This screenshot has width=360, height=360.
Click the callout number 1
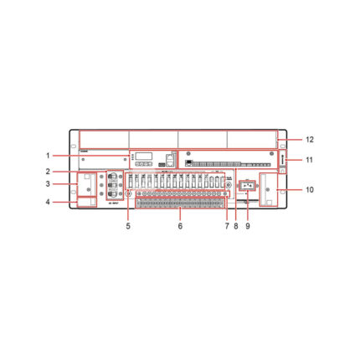coord(49,156)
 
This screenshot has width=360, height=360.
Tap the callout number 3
coord(49,183)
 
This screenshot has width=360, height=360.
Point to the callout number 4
coord(49,201)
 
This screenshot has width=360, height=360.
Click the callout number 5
coord(128,225)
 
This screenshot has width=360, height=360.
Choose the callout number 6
coord(180,225)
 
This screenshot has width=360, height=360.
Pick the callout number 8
coord(235,225)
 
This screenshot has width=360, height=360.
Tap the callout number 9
coord(248,225)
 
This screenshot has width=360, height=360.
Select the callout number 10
coord(309,190)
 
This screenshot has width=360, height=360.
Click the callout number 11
coord(309,158)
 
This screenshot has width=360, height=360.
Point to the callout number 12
coord(309,138)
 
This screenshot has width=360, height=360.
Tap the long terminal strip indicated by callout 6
coord(180,202)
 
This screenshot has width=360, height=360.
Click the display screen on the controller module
coord(144,156)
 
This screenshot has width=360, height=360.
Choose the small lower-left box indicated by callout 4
coord(88,201)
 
